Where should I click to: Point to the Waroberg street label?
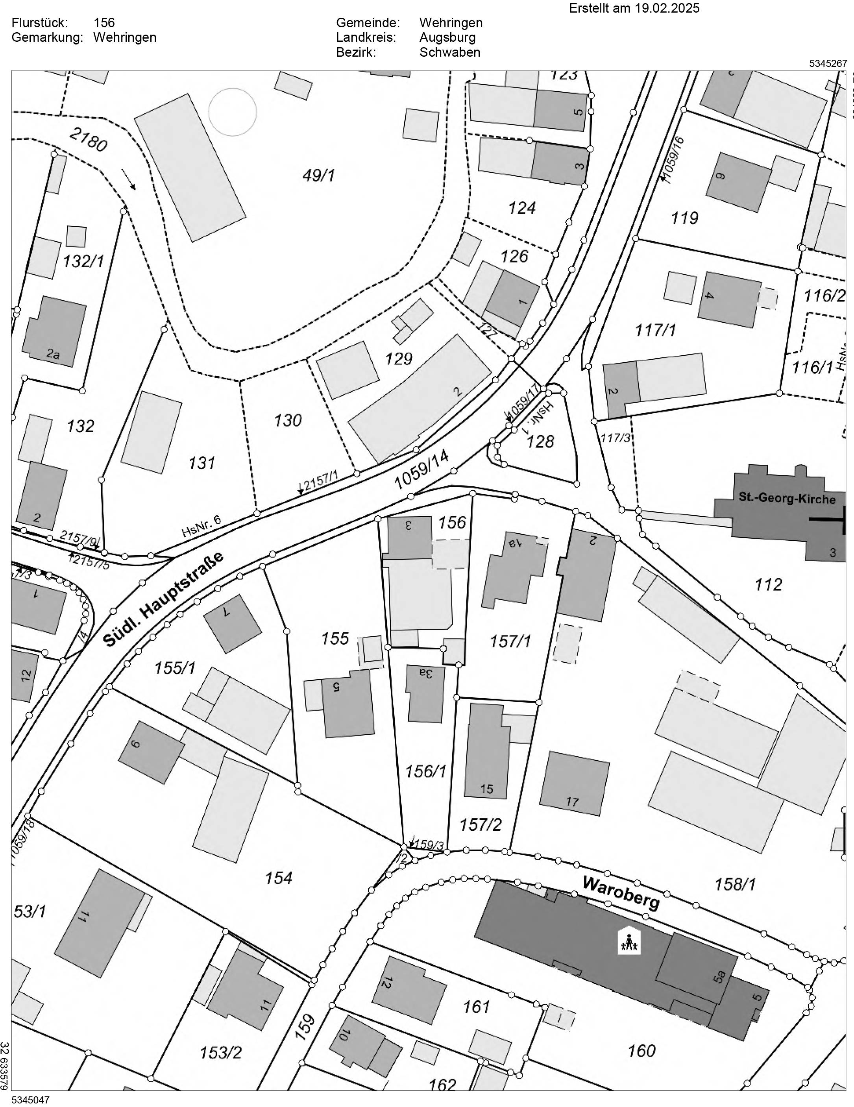(x=621, y=892)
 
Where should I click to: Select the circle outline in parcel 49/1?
(x=233, y=112)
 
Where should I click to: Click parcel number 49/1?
(x=318, y=176)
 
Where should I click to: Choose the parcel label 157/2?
(x=480, y=825)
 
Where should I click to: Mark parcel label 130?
(x=287, y=420)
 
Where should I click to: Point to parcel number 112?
(x=768, y=584)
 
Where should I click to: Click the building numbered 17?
(x=574, y=783)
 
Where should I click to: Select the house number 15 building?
(x=486, y=750)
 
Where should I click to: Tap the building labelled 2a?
(x=54, y=332)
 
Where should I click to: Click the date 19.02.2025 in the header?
(x=667, y=9)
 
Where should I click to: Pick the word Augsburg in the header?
(x=447, y=37)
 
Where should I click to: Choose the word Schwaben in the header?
(x=449, y=52)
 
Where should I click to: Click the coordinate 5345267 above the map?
(x=828, y=64)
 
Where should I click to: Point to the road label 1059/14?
(x=421, y=470)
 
